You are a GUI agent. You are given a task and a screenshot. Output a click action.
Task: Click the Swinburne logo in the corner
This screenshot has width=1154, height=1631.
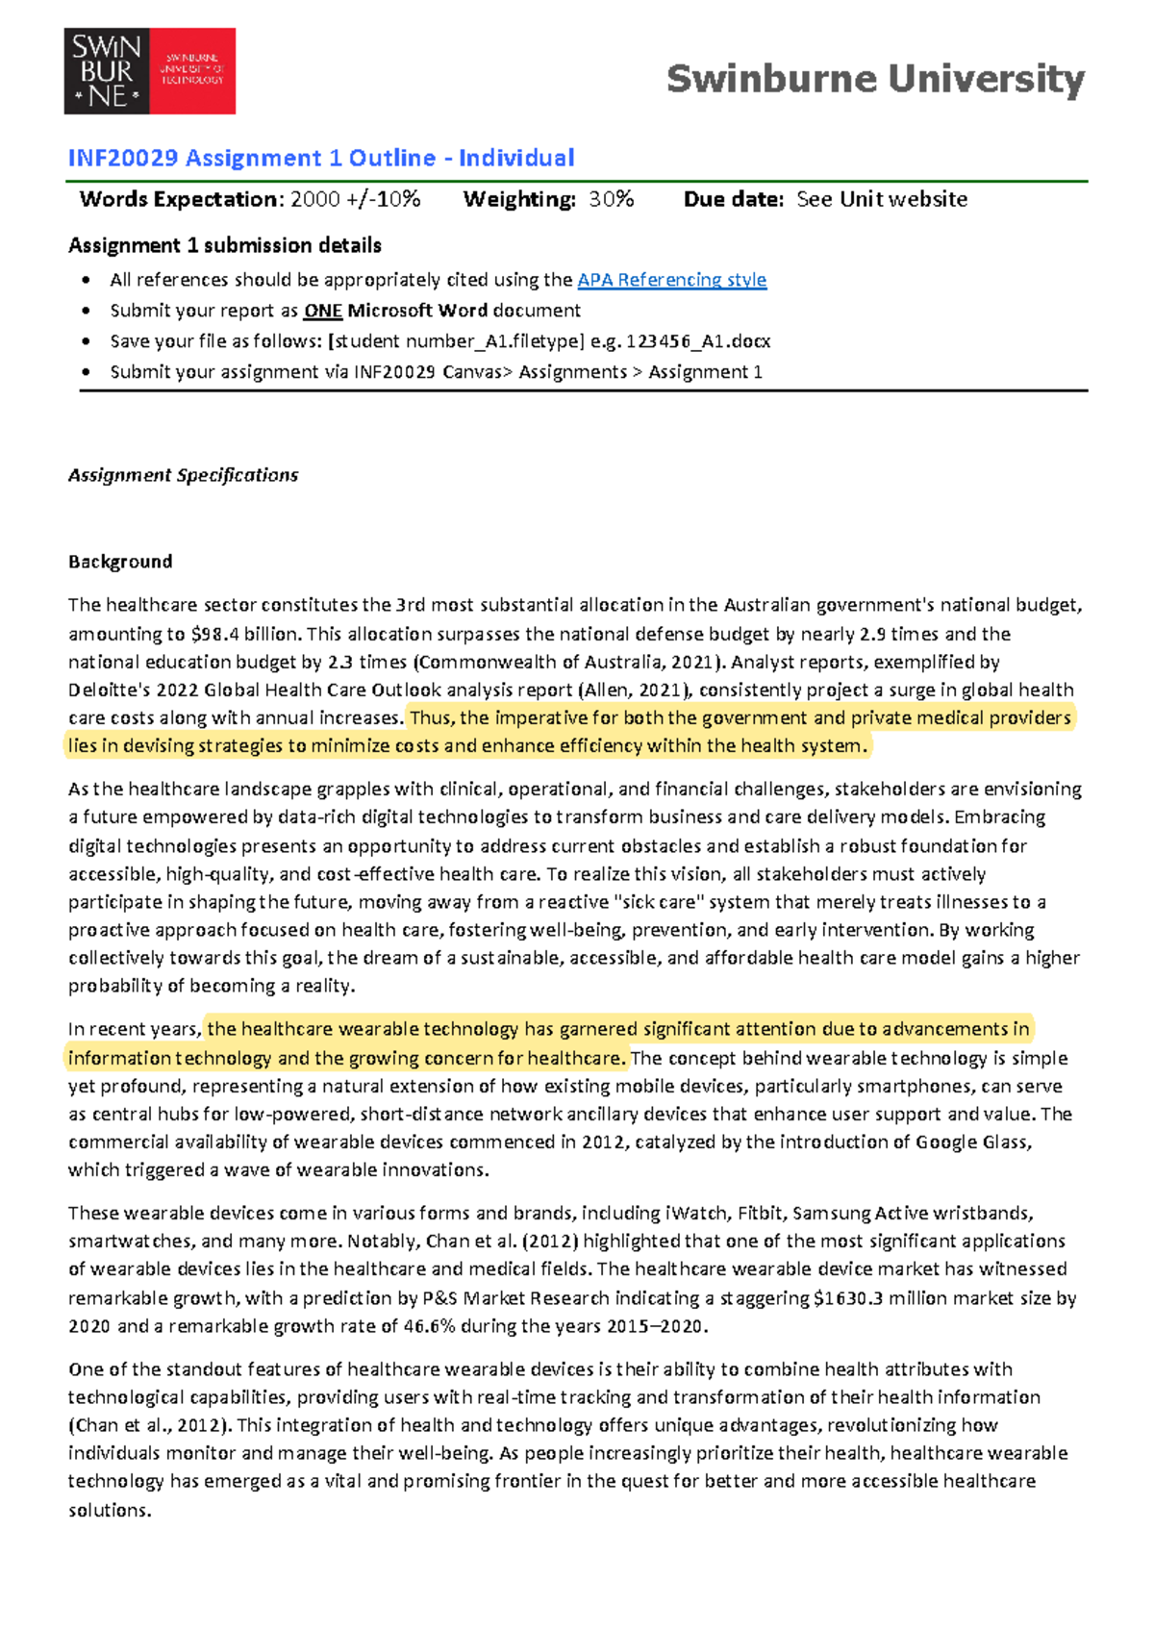(x=149, y=71)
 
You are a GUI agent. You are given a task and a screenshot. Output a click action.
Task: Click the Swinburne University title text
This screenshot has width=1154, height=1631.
(x=875, y=79)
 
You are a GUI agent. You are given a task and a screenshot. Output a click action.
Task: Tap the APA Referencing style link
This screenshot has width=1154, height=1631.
(x=671, y=280)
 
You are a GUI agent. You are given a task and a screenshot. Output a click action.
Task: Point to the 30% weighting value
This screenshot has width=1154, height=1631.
(x=612, y=199)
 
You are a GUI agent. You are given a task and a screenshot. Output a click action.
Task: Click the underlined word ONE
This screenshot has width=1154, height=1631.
(x=323, y=311)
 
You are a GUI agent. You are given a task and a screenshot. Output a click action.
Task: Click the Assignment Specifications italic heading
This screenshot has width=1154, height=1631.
(x=183, y=475)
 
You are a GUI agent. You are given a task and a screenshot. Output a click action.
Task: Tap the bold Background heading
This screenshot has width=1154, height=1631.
(x=120, y=562)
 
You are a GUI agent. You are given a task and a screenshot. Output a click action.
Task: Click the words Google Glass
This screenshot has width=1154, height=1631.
(x=972, y=1142)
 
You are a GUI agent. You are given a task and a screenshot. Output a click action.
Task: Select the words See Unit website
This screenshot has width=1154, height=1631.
(x=882, y=199)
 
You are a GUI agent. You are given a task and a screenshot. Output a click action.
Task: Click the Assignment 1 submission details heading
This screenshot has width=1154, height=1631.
(x=225, y=245)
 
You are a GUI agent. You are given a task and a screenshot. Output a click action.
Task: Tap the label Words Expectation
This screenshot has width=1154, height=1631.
(x=179, y=199)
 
